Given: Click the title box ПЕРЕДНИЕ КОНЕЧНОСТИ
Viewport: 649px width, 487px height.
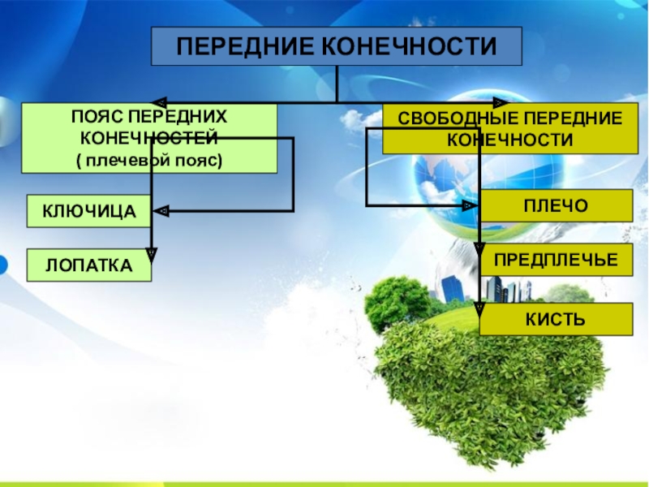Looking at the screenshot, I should click(336, 46).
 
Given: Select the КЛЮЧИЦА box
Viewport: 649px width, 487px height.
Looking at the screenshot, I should click(89, 212).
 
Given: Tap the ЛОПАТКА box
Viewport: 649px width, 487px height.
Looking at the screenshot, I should click(89, 265).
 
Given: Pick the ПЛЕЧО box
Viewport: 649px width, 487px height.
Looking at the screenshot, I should click(556, 205).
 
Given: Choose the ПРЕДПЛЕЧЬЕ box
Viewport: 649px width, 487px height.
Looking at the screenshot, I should click(556, 260).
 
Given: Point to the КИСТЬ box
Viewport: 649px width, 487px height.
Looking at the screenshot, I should click(556, 319).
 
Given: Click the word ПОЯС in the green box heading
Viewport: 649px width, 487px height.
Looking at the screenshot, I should click(90, 117).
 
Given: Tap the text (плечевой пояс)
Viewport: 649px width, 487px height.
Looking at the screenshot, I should click(149, 160).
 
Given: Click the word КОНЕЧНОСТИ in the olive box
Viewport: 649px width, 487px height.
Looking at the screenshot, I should click(509, 139).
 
